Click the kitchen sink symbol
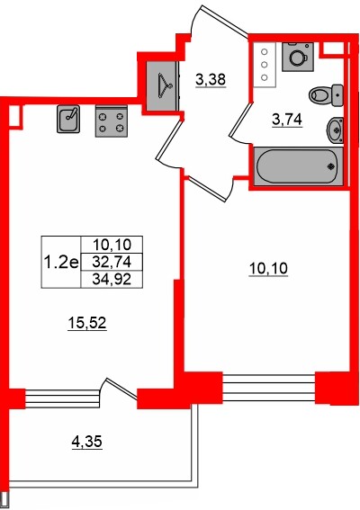[68, 119]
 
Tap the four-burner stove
[111, 121]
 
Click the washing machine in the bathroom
[298, 57]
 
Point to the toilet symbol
[326, 95]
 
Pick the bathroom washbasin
[335, 130]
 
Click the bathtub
[298, 166]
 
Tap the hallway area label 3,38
[211, 80]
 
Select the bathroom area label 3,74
[287, 121]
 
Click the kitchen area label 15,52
[87, 323]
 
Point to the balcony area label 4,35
[87, 442]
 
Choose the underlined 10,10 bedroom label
[268, 269]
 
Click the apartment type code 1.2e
[61, 262]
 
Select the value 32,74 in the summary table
[112, 262]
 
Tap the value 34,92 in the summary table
[112, 279]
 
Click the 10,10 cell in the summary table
[112, 244]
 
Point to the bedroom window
[269, 388]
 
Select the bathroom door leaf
[241, 120]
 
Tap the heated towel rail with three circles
[265, 65]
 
